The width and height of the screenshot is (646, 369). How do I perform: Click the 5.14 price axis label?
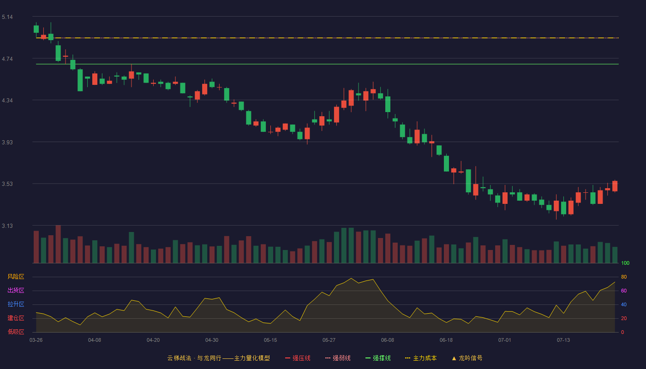(x=7, y=17)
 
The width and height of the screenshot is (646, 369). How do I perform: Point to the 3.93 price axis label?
(x=7, y=143)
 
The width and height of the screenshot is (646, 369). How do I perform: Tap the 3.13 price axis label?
(x=7, y=226)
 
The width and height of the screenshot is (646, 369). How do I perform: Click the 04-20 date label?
(x=153, y=340)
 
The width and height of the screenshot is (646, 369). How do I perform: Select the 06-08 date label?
(x=387, y=340)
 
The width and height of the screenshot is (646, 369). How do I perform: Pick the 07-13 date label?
(x=563, y=340)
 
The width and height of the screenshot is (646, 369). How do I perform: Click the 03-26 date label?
(x=36, y=340)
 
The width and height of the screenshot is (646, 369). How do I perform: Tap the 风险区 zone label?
(x=16, y=277)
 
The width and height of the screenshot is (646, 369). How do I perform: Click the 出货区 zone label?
(x=16, y=290)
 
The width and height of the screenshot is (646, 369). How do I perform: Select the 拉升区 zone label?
(x=16, y=304)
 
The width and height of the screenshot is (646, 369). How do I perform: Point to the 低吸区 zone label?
(x=16, y=332)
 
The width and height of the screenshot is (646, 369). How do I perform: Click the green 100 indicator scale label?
(x=625, y=263)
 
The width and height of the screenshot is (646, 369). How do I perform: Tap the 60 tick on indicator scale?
(x=624, y=291)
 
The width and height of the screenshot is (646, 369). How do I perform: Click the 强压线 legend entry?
(x=298, y=358)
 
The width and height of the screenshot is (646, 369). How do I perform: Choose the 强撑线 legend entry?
(x=378, y=358)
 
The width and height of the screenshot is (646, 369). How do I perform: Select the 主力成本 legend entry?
(x=421, y=358)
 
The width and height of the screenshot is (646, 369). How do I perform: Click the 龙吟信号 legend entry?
(x=467, y=358)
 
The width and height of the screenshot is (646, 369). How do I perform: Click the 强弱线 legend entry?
(x=338, y=358)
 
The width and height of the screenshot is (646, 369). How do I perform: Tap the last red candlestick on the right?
(x=615, y=186)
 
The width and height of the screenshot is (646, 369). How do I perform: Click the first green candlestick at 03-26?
(x=36, y=29)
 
